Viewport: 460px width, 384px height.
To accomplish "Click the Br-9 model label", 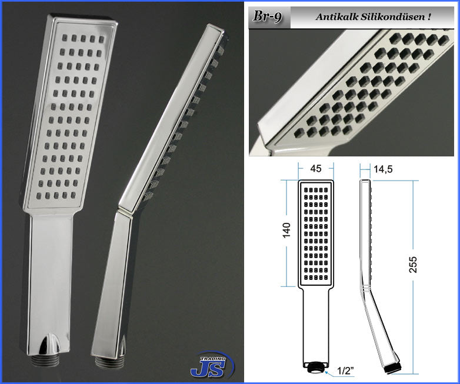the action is [x=267, y=16].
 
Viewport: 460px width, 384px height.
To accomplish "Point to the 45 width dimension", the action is [x=316, y=168].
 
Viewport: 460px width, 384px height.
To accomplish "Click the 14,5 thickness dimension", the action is [x=383, y=169].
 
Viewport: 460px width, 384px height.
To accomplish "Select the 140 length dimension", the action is [x=286, y=230].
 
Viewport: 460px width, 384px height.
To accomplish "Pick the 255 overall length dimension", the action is [x=412, y=265].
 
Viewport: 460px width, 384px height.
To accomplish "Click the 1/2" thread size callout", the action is [x=345, y=371].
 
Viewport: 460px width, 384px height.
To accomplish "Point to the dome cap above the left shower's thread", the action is [x=48, y=344].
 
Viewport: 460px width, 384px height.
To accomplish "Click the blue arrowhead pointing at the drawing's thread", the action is [x=326, y=372].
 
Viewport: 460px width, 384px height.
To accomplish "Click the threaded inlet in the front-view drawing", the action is [x=316, y=368].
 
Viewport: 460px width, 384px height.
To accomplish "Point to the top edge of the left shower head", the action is [x=83, y=18].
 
